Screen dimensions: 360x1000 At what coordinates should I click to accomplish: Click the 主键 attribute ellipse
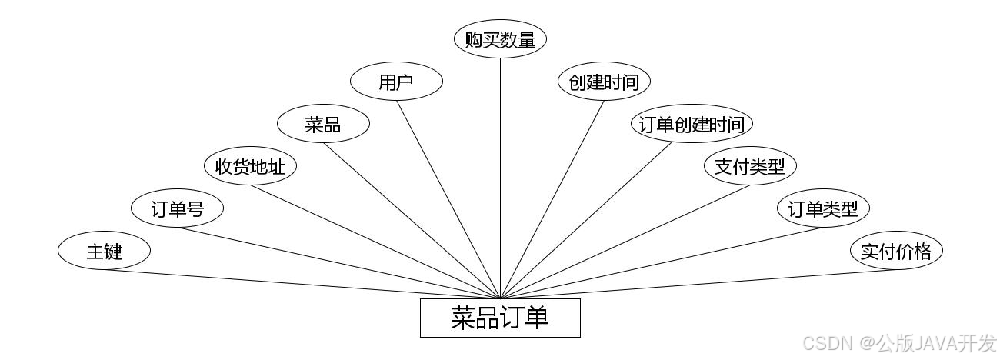coord(104,251)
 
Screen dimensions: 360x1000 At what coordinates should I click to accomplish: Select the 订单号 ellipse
coord(177,208)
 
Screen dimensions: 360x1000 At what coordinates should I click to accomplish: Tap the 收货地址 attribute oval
coord(250,166)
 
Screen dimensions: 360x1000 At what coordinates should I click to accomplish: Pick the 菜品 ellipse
coord(323,124)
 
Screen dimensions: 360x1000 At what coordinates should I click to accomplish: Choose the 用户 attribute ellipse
coord(396,82)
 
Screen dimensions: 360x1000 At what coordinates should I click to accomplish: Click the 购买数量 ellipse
coord(500,40)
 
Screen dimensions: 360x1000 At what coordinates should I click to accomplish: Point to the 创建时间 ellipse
coord(604,82)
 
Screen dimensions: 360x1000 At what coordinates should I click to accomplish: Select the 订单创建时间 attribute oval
coord(692,124)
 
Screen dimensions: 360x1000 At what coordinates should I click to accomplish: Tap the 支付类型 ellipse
coord(750,166)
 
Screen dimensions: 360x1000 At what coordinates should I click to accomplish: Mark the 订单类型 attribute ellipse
coord(823,208)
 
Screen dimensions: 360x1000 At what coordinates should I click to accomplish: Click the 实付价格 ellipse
coord(896,251)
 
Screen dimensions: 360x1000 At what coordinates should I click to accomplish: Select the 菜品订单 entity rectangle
coord(500,318)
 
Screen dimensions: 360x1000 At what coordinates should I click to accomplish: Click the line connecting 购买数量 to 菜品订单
coord(500,177)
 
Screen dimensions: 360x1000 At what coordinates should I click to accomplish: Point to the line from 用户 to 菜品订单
coord(448,198)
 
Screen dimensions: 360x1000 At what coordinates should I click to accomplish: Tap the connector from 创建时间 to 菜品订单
coord(552,198)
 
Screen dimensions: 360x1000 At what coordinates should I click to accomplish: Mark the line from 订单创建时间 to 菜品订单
coord(586,220)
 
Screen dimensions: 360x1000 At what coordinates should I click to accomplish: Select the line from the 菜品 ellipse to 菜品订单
coord(412,220)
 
